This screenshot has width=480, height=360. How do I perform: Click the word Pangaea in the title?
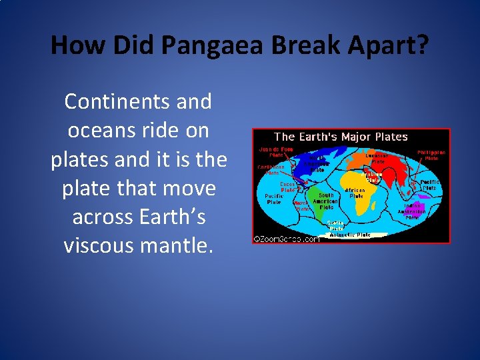(204, 45)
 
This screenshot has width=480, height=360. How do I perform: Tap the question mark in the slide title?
(421, 45)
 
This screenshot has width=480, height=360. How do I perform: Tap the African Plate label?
(356, 193)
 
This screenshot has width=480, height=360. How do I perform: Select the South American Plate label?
(326, 201)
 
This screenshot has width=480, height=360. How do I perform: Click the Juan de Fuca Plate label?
(276, 152)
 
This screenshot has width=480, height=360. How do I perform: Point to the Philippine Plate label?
(431, 155)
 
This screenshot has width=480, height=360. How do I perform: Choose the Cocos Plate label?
(288, 186)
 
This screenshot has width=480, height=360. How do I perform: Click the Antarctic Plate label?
(354, 235)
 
